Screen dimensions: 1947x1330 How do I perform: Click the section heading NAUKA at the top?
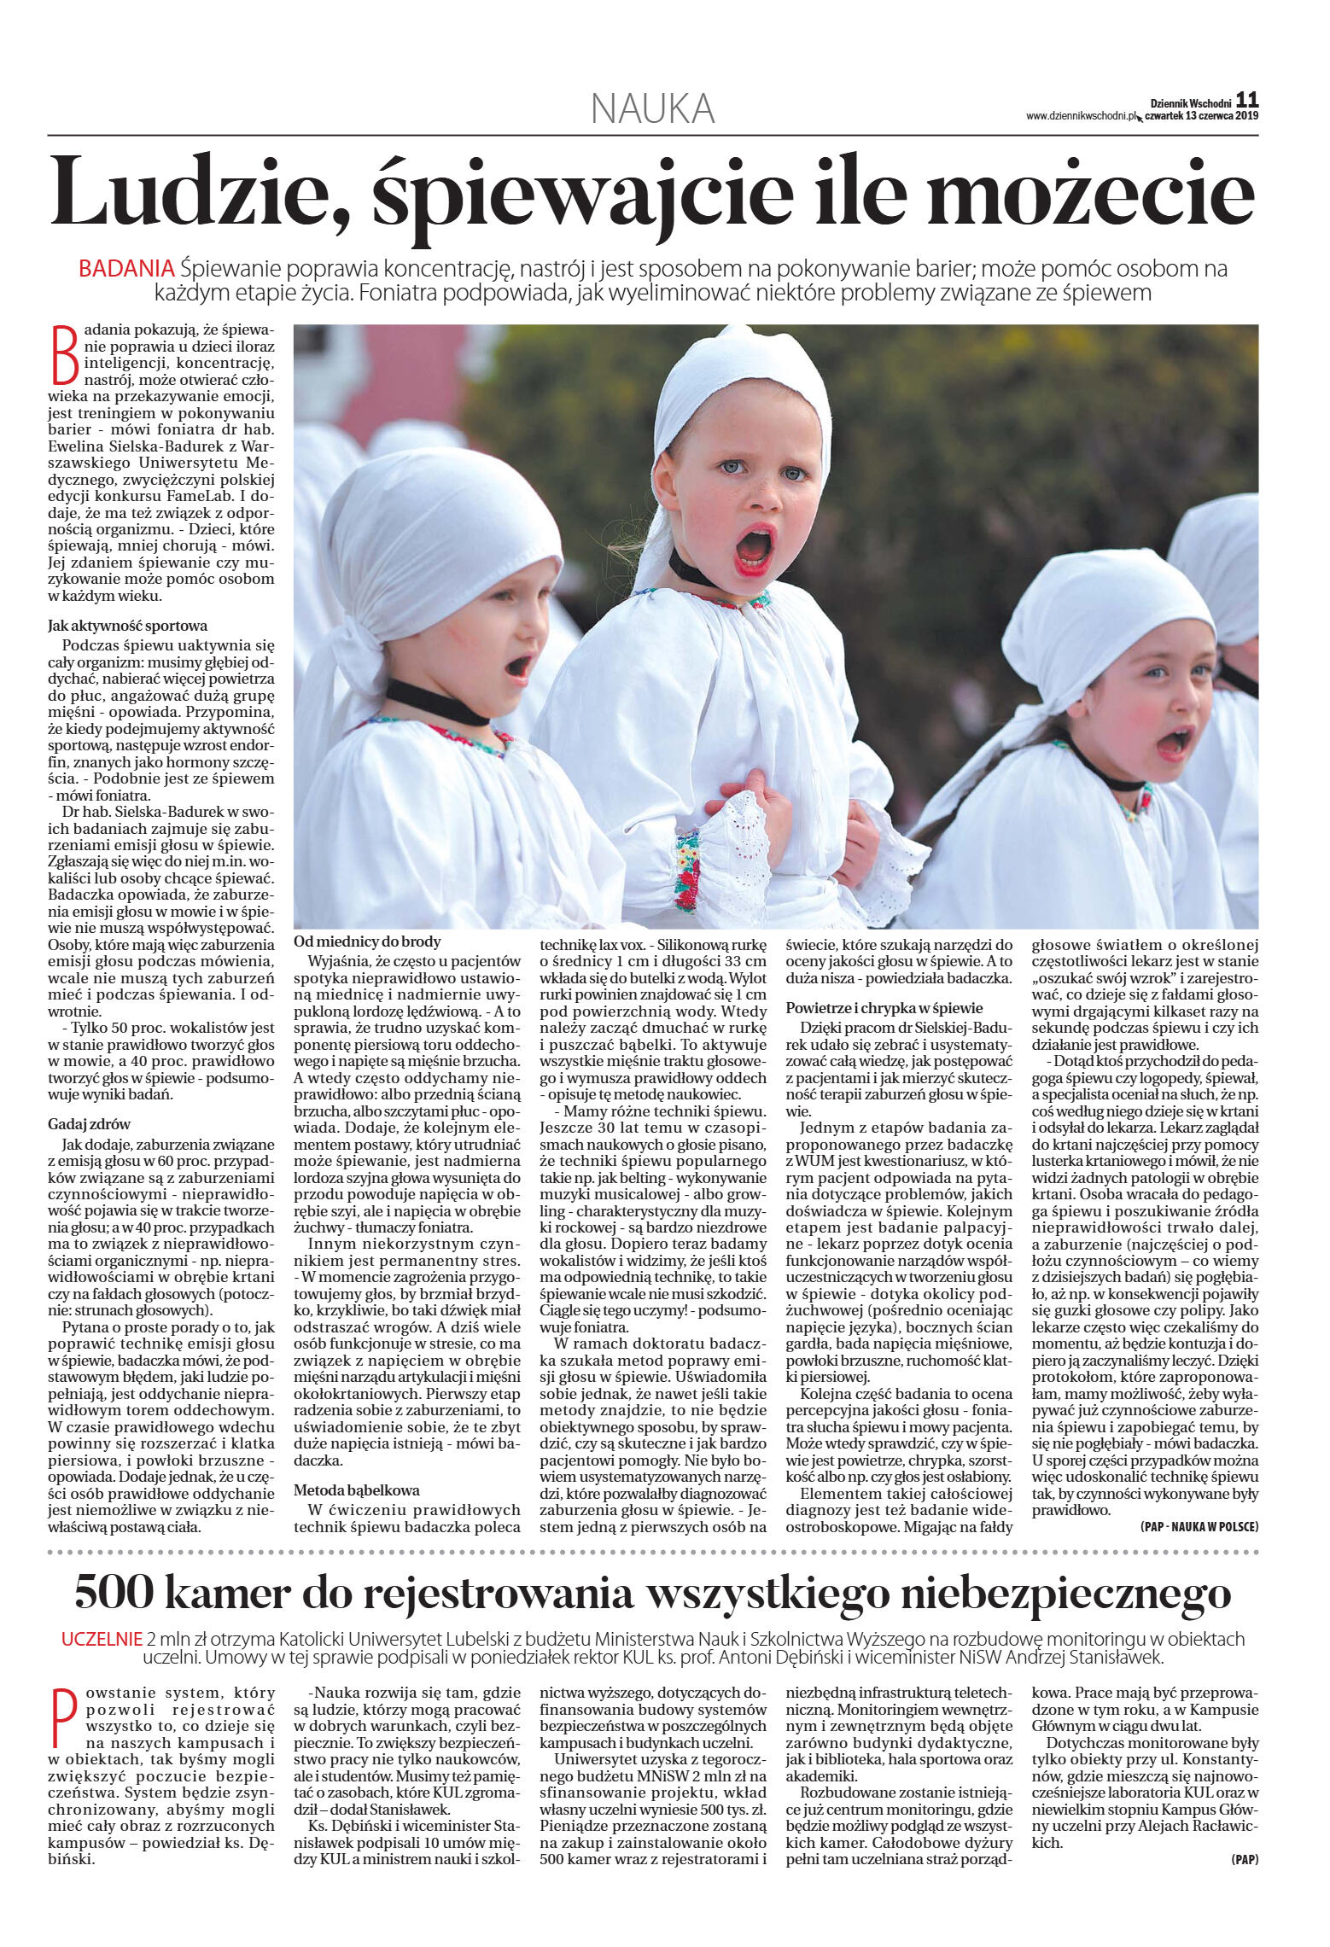[x=653, y=109]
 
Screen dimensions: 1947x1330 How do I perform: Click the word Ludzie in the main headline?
[x=198, y=192]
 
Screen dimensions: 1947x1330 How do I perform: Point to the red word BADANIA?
[x=126, y=269]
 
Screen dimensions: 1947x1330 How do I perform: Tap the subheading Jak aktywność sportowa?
[x=127, y=626]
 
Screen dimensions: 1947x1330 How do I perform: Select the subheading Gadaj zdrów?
[x=89, y=1124]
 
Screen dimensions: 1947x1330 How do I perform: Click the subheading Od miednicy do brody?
[x=367, y=941]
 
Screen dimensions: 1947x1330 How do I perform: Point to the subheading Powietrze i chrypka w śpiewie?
[x=884, y=1008]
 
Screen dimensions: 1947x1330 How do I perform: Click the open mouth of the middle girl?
[x=755, y=549]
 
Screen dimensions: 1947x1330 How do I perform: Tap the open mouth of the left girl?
[x=517, y=666]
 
